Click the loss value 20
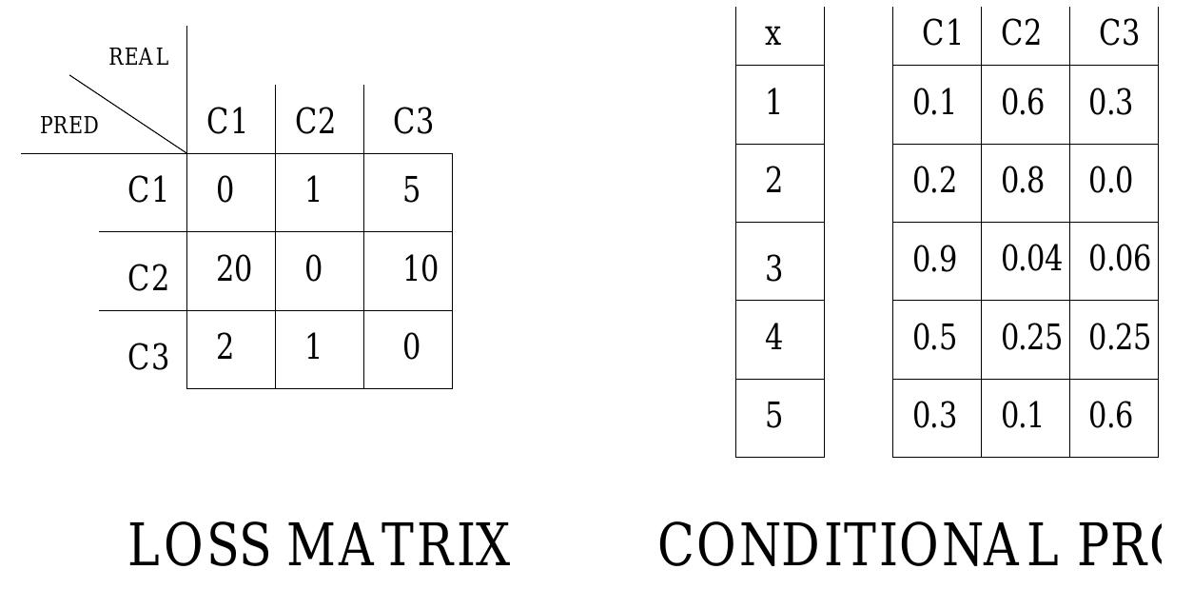tap(234, 270)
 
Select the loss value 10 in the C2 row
tap(420, 270)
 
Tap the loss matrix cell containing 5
tap(411, 191)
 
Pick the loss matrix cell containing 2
tap(225, 348)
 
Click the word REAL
tap(139, 57)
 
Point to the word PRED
tap(68, 126)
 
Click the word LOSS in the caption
tap(199, 545)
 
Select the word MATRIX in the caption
tap(399, 545)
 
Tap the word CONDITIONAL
tap(856, 545)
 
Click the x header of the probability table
tap(773, 35)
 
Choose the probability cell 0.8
tap(1023, 181)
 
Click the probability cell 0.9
tap(934, 259)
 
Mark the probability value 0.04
tap(1031, 259)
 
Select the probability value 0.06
tap(1120, 259)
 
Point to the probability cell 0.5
tap(934, 338)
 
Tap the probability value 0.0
tap(1110, 181)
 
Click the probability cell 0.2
tap(934, 181)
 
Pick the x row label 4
tap(774, 338)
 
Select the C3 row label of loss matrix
tap(147, 358)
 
